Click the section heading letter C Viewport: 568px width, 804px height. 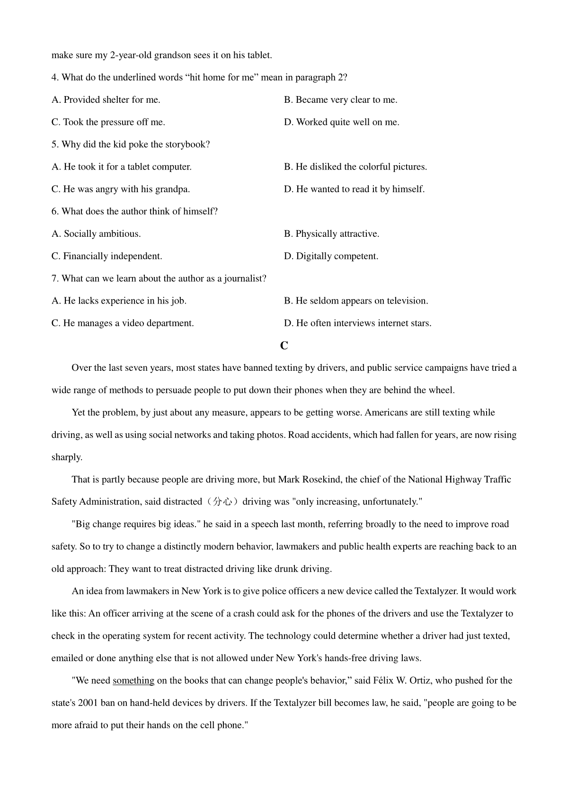[284, 346]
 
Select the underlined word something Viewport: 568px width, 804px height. [133, 680]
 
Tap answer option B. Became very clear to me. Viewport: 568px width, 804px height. [340, 100]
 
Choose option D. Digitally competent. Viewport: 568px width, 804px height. [331, 256]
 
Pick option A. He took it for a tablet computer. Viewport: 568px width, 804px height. [122, 167]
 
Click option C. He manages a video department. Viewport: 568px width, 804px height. [123, 323]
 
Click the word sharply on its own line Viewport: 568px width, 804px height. [67, 457]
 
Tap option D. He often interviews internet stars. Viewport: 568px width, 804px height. [357, 323]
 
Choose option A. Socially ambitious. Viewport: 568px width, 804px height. [96, 234]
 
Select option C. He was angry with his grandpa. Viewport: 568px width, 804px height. [121, 189]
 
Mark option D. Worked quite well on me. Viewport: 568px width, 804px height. [341, 122]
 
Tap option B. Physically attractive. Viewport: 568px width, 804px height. [331, 234]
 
